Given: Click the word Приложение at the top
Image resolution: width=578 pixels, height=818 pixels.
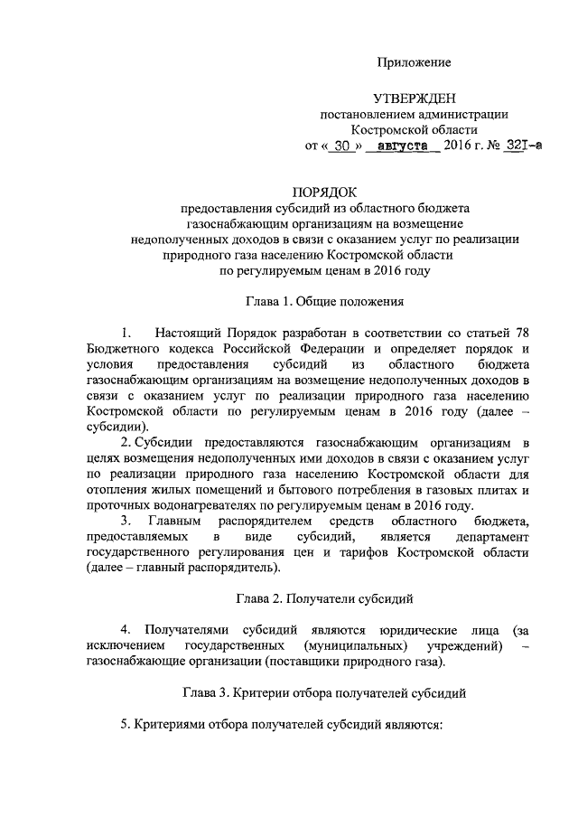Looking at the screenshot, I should [414, 62].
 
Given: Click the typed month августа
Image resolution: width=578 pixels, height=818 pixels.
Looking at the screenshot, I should [403, 146].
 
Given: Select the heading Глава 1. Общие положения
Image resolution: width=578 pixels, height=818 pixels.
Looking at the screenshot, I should [324, 299].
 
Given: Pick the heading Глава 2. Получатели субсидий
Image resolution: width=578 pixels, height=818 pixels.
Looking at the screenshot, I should [324, 598].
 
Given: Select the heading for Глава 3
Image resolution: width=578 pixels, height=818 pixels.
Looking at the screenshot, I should [324, 692].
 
